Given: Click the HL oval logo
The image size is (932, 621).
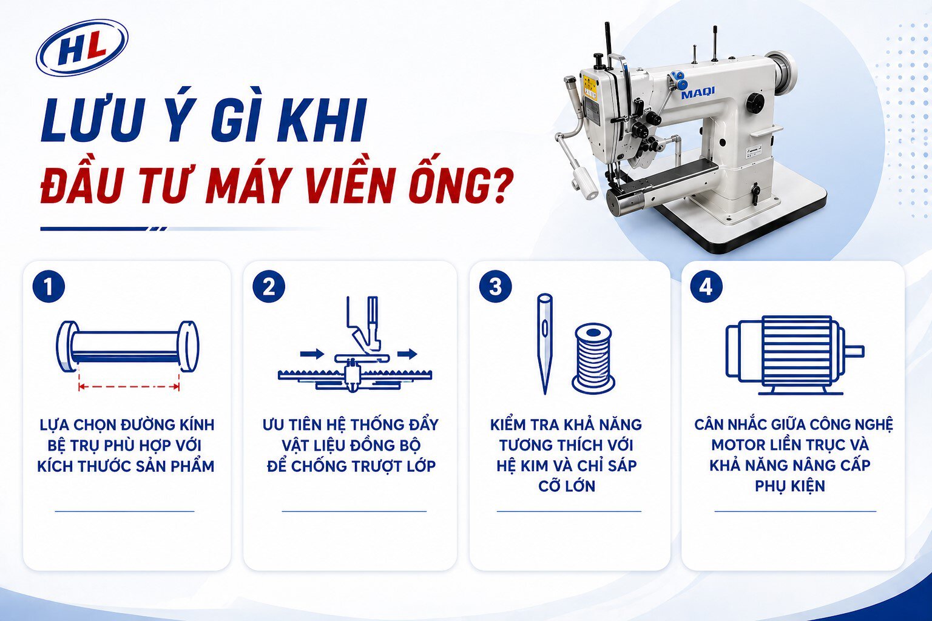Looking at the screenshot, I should tap(82, 48).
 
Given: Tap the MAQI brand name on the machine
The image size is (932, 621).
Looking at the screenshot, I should tap(697, 93).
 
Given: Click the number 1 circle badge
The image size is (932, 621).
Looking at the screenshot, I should tap(49, 286).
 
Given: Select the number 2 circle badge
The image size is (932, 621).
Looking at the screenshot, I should tap(269, 286).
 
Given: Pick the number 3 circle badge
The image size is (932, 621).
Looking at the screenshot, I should tap(495, 286).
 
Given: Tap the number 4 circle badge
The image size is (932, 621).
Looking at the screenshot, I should tap(706, 286).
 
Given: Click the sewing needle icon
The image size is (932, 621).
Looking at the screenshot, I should tap(545, 343).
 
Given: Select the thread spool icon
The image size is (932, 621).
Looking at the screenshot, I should tap(593, 358).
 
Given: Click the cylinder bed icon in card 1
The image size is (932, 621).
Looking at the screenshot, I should tap(127, 346).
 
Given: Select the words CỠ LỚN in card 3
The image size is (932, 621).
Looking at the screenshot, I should tap(567, 486).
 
